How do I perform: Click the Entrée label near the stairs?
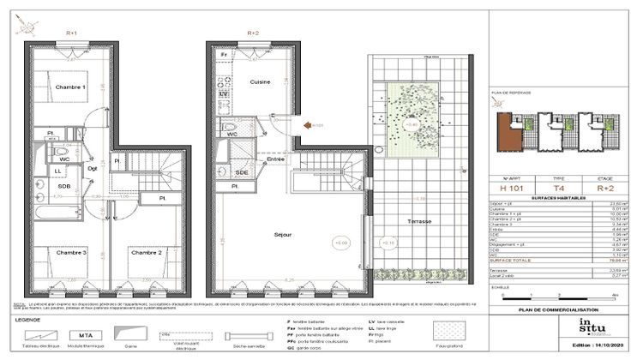[x=276, y=159]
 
